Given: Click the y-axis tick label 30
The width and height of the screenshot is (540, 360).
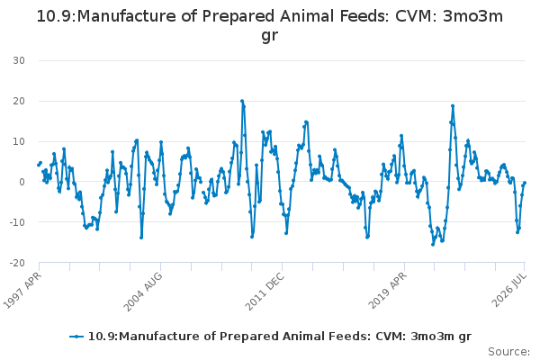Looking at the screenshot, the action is pos(19,60).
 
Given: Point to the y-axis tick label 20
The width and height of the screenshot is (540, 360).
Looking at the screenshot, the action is pos(19,101).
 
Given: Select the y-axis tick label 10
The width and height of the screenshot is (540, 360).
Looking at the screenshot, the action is pos(19,141).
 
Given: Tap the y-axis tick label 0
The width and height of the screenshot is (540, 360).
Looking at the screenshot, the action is pos(22,182).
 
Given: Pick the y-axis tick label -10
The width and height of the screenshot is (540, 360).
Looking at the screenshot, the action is pos(17,222).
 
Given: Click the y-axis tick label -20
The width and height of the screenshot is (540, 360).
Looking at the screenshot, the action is pos(17,263).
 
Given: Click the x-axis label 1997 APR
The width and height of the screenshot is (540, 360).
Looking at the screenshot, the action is pos(22,290).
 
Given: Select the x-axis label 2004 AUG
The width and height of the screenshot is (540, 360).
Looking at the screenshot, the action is pos(143,292).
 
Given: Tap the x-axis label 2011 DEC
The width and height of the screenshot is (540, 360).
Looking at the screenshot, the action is pos(265,292).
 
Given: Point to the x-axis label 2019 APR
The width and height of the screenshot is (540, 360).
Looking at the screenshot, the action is pos(387,290).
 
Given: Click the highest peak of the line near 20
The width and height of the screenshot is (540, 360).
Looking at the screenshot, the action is pos(242,102).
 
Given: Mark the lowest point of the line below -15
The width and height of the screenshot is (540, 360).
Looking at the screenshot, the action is pos(433,245).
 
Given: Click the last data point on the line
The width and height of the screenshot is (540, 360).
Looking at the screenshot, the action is pos(525,183).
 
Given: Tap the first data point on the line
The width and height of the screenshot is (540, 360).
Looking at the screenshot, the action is pos(38,165).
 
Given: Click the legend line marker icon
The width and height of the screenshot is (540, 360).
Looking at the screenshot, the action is pos(76,337).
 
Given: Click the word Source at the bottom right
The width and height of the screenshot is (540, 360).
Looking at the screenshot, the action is pos(507,352).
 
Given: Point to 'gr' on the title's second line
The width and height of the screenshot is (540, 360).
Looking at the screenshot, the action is pos(270,36).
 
